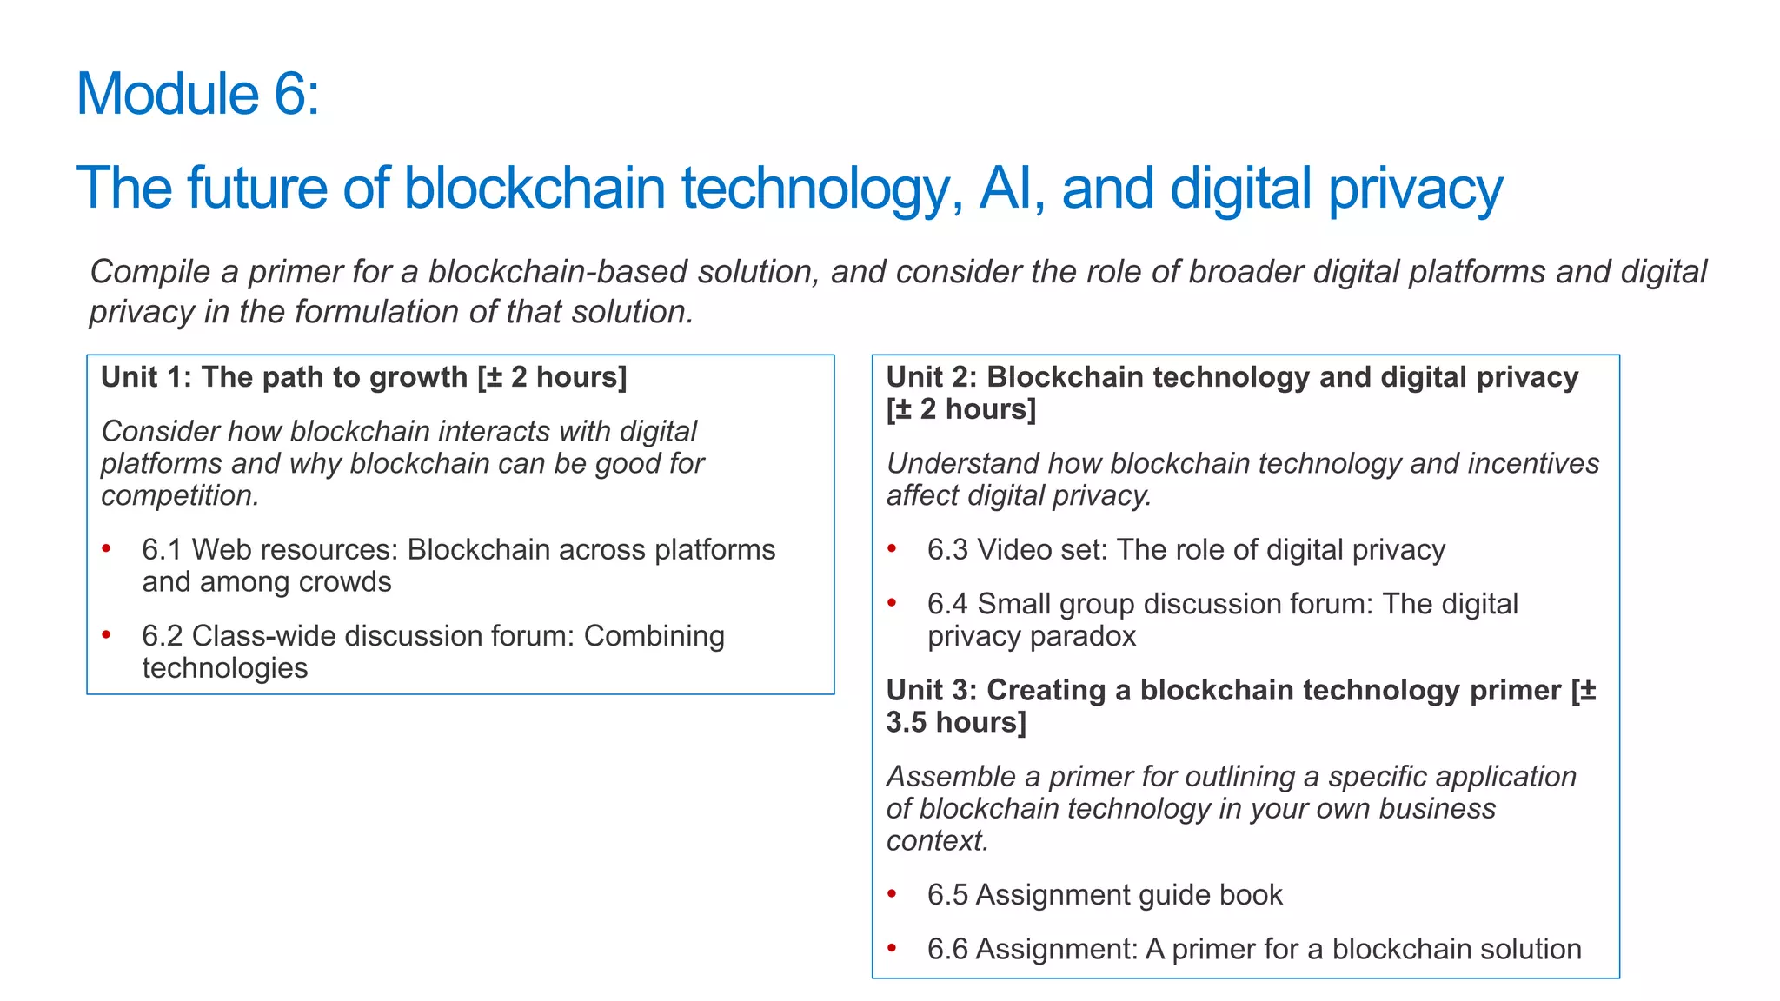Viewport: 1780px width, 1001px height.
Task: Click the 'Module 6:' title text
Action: point(198,94)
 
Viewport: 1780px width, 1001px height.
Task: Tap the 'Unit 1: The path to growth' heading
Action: point(363,378)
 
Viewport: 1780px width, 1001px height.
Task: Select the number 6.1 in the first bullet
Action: point(162,550)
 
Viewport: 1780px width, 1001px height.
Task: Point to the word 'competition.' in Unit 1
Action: point(180,496)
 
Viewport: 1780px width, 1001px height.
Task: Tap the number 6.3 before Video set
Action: point(947,550)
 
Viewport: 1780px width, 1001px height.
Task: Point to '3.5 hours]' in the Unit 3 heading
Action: point(956,723)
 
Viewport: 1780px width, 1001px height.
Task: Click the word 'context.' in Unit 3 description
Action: point(937,841)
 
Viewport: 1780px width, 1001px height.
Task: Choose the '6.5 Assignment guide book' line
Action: point(1105,895)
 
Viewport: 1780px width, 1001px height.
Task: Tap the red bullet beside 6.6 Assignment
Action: point(892,948)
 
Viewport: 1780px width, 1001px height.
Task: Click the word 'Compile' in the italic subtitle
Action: point(150,272)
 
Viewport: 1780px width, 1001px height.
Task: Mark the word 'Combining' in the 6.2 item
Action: point(654,636)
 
